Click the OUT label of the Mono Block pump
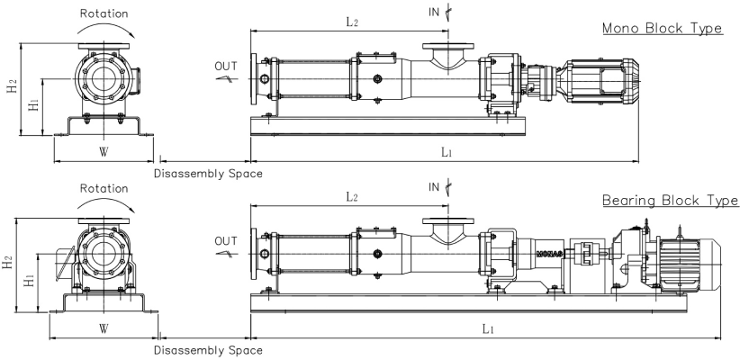[226, 66]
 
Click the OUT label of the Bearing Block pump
[226, 240]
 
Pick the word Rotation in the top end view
[104, 13]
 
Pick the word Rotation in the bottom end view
[104, 189]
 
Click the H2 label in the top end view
[11, 92]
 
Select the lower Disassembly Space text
[209, 350]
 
